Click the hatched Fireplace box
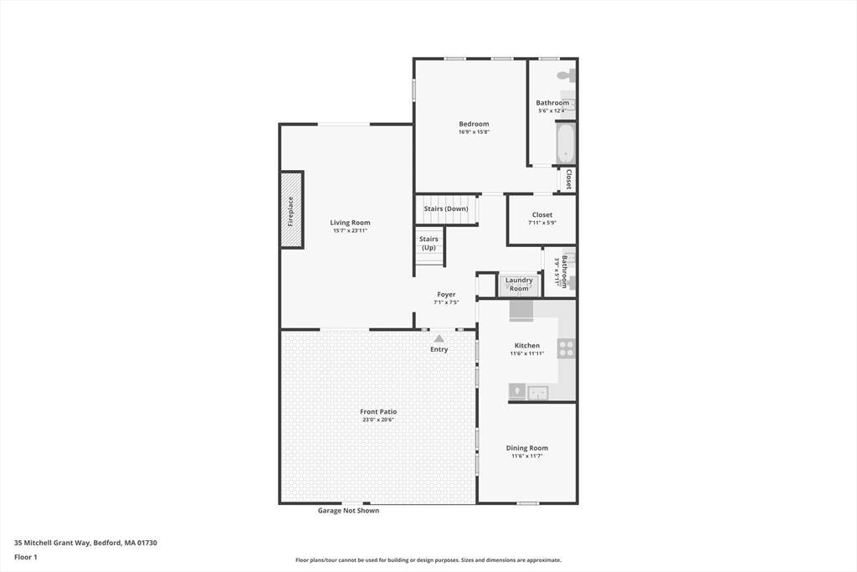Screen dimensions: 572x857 (291, 210)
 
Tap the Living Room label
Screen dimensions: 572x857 (350, 223)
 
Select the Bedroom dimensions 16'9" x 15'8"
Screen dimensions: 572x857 (474, 131)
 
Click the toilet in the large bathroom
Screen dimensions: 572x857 (567, 75)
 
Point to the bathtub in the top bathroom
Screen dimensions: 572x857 (566, 143)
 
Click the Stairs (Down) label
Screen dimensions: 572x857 (445, 209)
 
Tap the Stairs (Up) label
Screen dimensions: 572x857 (428, 243)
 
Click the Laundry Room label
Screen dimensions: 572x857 (519, 284)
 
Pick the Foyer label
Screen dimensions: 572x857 (446, 294)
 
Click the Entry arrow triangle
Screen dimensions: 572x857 (439, 338)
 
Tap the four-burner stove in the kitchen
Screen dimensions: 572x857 (567, 348)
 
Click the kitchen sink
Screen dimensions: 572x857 (536, 392)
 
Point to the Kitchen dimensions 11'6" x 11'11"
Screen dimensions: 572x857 (527, 353)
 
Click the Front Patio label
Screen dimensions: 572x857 (378, 411)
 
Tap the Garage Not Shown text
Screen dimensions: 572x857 (348, 510)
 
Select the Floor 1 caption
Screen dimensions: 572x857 (26, 557)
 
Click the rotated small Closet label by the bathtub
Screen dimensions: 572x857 (568, 179)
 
